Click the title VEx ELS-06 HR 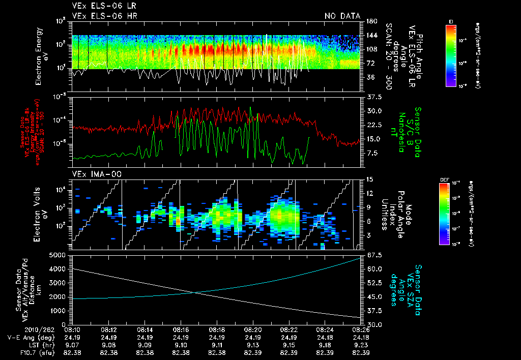pos(104,16)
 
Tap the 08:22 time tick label pos(289,329)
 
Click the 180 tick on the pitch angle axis pos(370,21)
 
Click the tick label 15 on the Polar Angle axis pos(368,179)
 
